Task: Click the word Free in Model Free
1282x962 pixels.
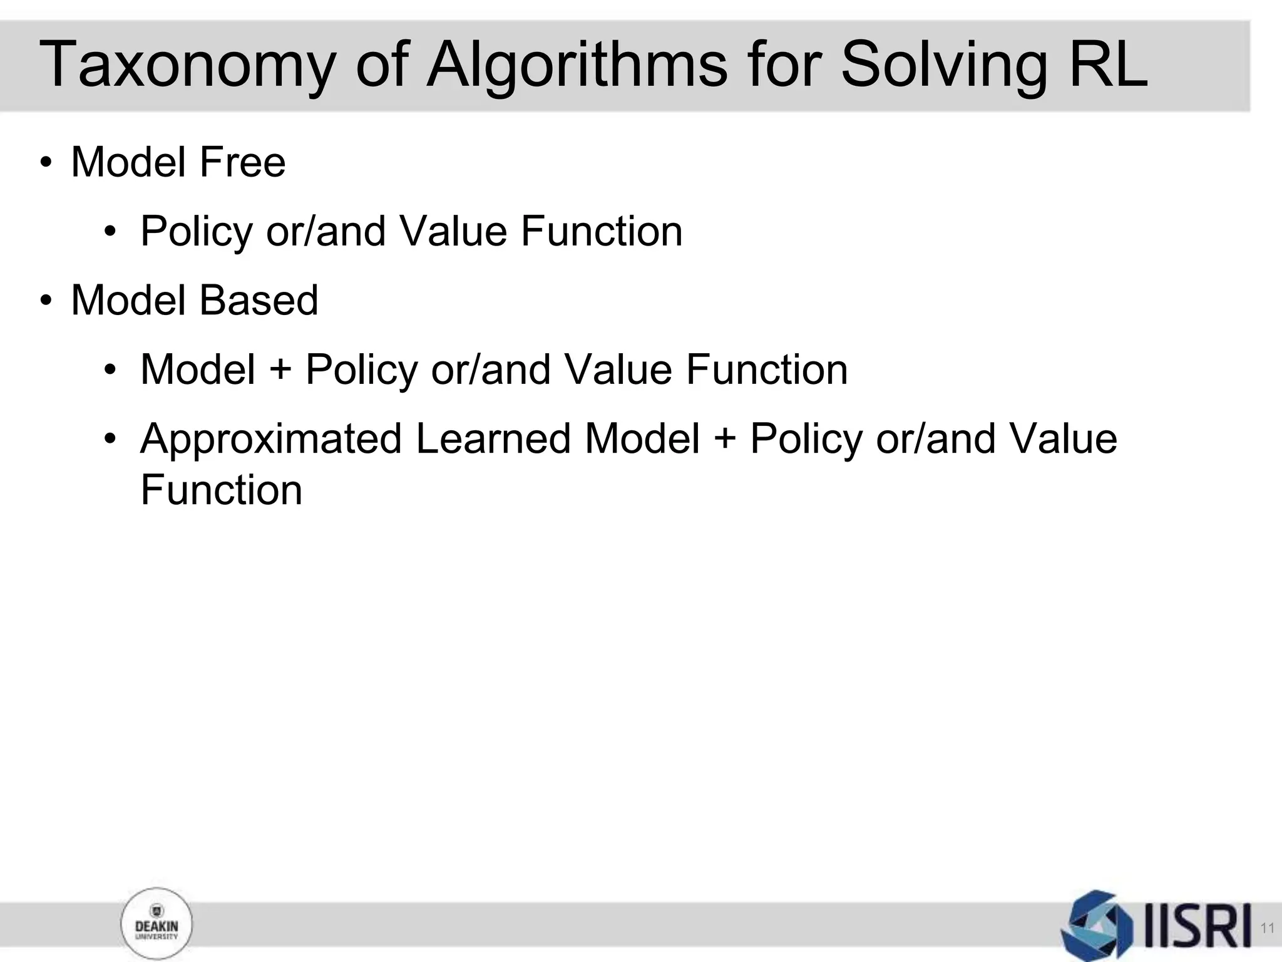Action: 242,162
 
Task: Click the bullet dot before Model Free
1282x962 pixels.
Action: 46,163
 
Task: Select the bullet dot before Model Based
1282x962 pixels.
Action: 46,301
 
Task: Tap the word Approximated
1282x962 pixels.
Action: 271,439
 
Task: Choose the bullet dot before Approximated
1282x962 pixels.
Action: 111,439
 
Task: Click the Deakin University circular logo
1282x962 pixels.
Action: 156,924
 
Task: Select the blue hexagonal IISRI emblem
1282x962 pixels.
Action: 1097,925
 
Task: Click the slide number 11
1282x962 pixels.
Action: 1268,928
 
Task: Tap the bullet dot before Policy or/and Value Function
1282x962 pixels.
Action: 111,232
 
